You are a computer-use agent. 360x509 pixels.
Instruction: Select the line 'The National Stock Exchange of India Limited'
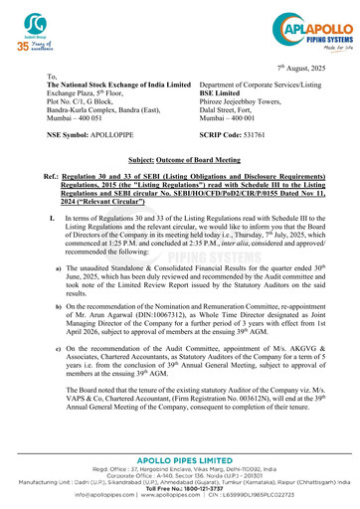(104, 87)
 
